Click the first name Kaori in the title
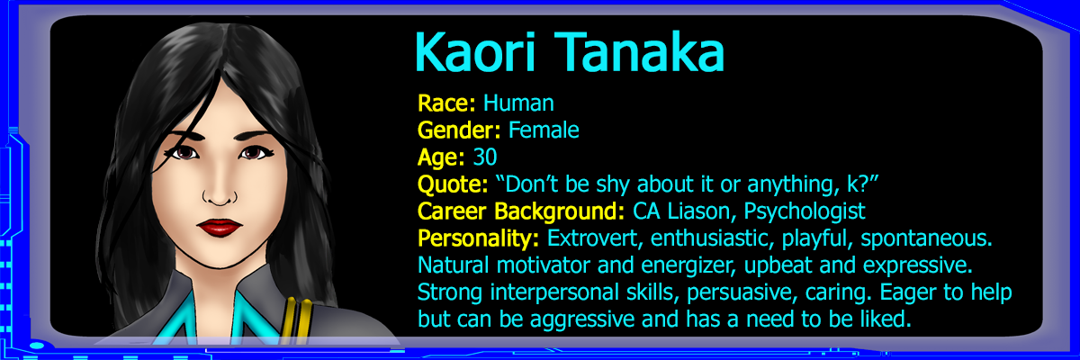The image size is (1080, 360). pos(474,52)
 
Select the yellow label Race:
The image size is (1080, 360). pos(446,103)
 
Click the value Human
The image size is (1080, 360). pos(518,103)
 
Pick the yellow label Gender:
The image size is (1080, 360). pos(459,130)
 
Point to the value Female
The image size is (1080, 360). pos(544,130)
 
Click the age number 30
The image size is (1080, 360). pos(484,157)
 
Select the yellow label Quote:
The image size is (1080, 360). pos(453,184)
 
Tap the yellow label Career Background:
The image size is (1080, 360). pos(521,211)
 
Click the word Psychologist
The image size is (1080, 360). pos(805,211)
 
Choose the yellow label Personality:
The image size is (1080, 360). pos(478,238)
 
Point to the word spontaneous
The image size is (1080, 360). pos(926,239)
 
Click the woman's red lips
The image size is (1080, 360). pos(219,227)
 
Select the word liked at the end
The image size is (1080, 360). pos(886,319)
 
